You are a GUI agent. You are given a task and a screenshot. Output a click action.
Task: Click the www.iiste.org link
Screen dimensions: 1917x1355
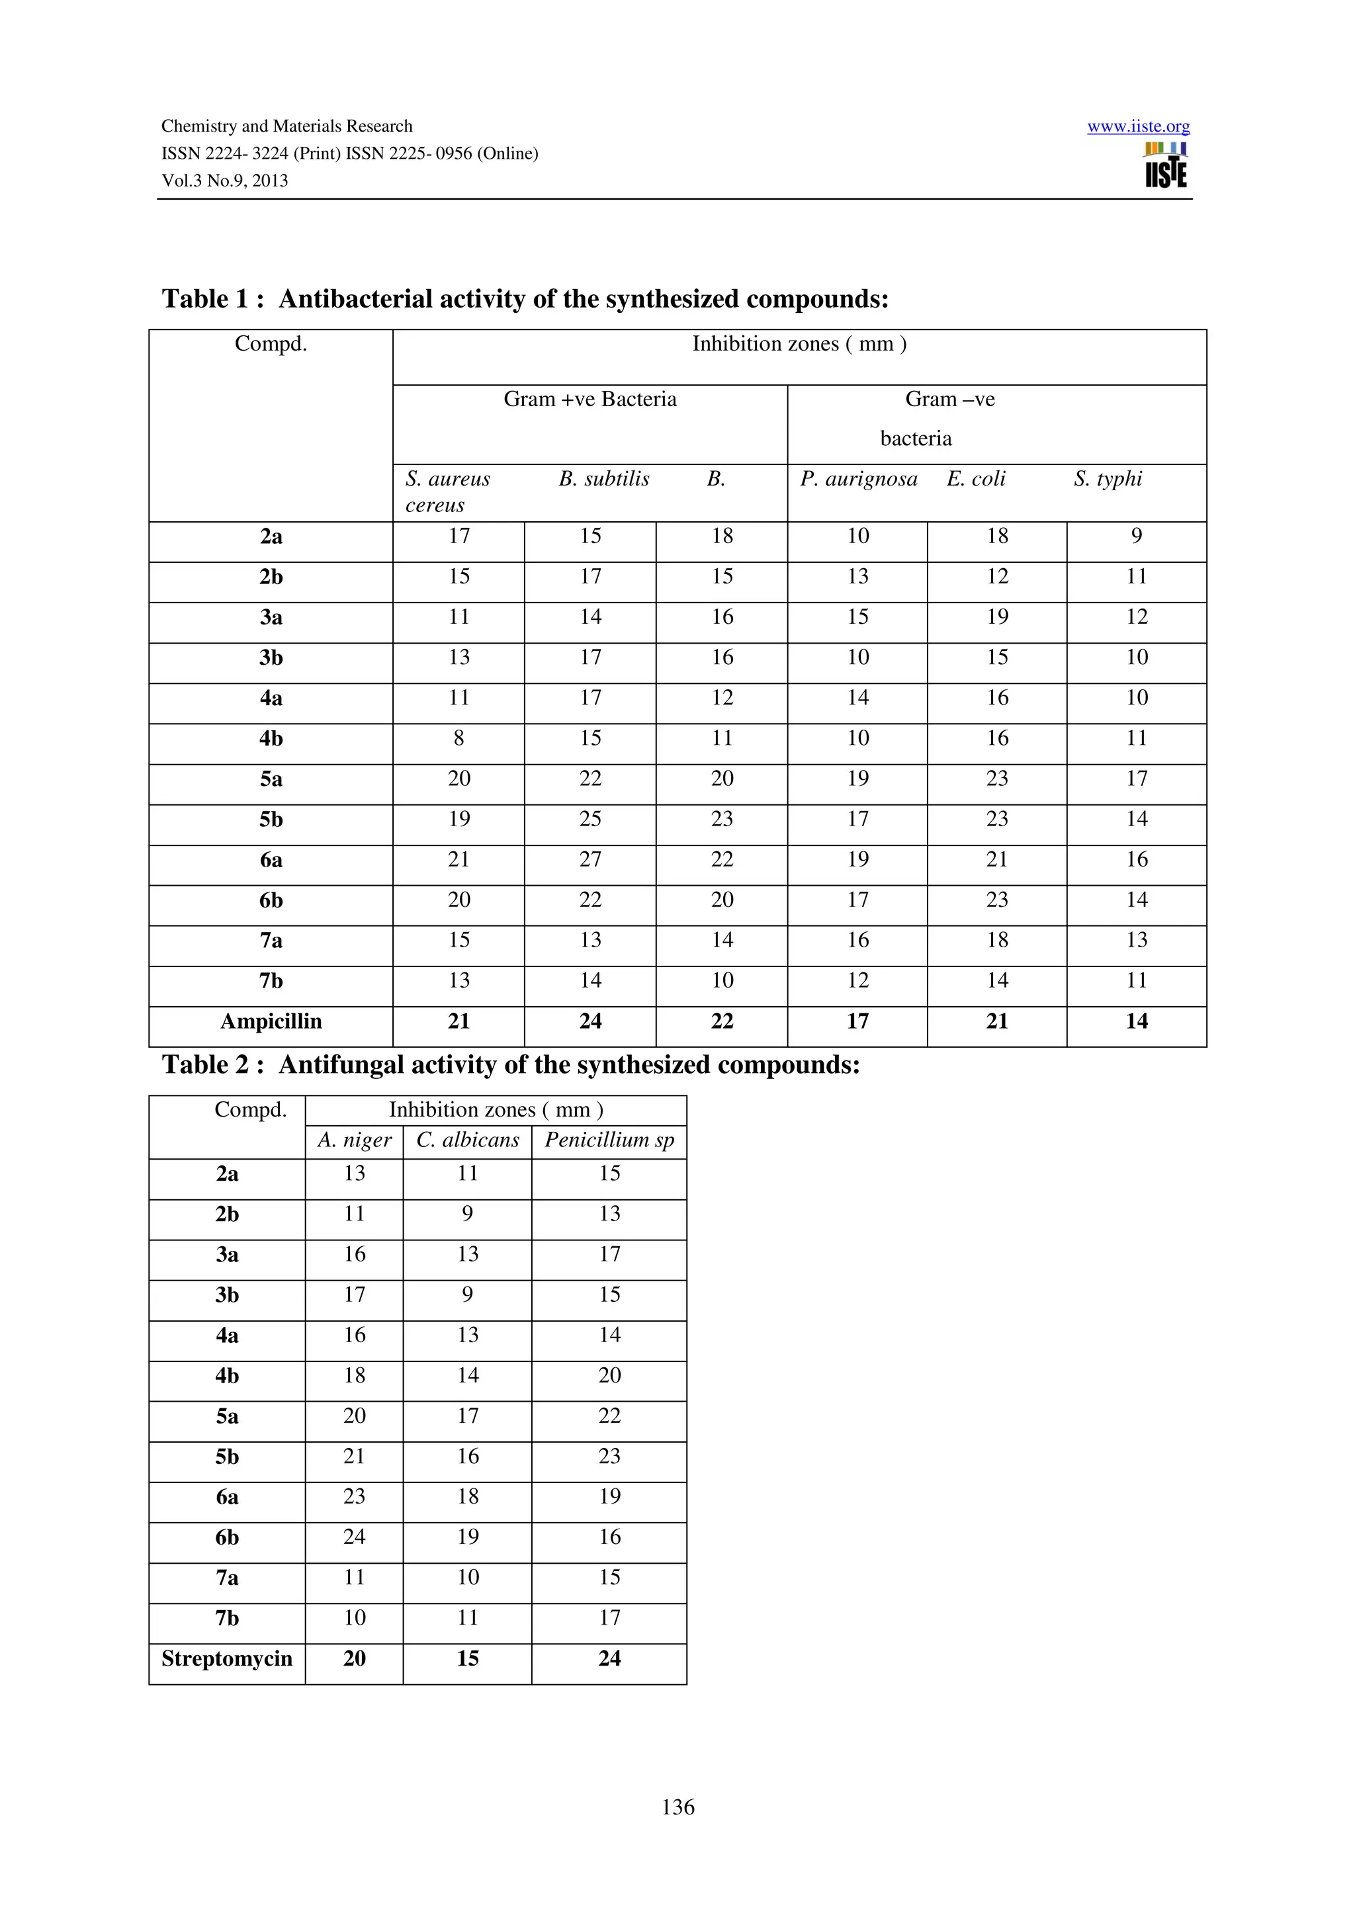tap(1138, 126)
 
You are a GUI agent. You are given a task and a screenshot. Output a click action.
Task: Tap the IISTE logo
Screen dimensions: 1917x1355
tap(1166, 165)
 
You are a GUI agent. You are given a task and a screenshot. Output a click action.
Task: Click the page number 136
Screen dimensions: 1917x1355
tap(677, 1807)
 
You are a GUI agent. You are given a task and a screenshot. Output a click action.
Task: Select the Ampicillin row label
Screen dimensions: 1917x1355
tap(271, 1021)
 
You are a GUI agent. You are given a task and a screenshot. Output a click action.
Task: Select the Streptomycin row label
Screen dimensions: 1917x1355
tap(226, 1658)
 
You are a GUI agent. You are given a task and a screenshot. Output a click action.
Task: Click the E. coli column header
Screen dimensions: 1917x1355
tap(975, 478)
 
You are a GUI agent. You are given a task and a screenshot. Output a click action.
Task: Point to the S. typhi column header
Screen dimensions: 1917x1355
tap(1108, 478)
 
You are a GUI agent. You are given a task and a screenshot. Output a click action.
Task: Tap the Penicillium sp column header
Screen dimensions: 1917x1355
tap(609, 1140)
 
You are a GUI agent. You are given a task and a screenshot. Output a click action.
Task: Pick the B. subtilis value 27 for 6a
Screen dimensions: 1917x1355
tap(590, 859)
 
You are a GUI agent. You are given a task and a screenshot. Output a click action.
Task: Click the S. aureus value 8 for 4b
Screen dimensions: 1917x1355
tap(459, 738)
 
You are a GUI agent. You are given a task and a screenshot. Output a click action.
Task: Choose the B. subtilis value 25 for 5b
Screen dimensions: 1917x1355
tap(590, 819)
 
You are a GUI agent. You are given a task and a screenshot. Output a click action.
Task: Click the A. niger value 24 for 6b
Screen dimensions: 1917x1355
tap(354, 1537)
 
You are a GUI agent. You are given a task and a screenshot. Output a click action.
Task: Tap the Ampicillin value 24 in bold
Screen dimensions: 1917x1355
tap(590, 1021)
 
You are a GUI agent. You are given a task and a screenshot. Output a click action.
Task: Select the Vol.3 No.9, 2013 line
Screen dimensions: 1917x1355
tap(224, 181)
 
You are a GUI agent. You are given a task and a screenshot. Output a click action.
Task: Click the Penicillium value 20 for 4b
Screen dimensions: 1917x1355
tap(609, 1375)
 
